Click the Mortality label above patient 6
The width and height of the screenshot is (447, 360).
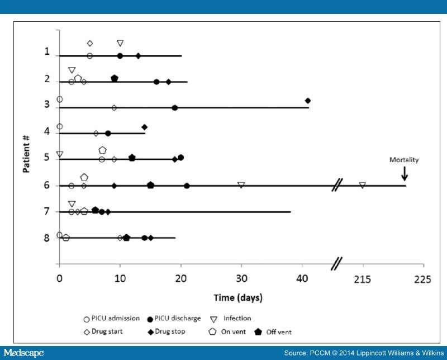pos(403,160)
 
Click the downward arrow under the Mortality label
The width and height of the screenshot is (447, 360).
pos(405,173)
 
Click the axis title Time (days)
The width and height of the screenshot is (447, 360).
pos(239,297)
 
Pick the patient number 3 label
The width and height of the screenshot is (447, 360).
pos(47,105)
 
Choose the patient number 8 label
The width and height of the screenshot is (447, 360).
pos(47,238)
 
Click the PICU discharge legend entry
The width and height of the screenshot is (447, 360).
pos(173,319)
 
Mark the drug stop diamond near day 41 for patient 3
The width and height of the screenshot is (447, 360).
pos(308,101)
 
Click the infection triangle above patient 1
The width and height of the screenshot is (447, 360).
pos(120,44)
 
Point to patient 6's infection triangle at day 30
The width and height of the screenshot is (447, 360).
pos(241,184)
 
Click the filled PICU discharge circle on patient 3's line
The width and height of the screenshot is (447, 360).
pos(175,107)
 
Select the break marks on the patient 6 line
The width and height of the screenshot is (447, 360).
pos(337,185)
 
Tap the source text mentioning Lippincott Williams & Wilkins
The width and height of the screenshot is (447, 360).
pos(363,353)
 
